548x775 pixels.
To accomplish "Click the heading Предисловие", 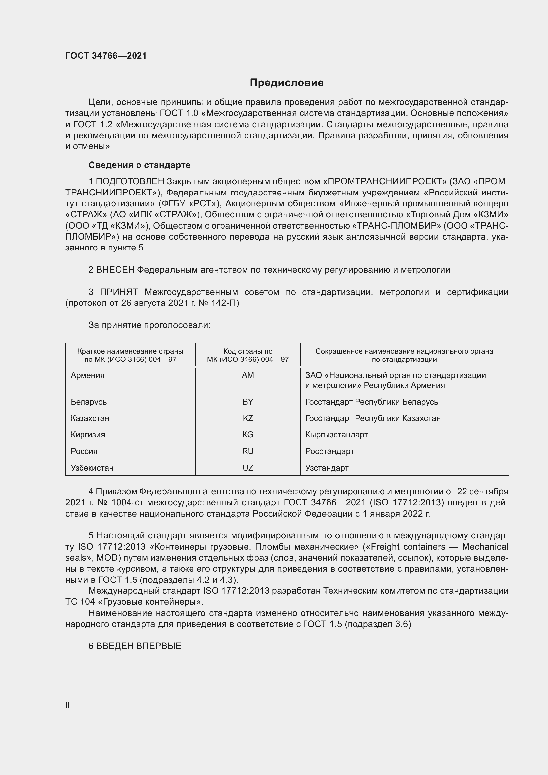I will (287, 83).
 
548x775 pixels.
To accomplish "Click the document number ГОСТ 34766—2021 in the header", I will (106, 56).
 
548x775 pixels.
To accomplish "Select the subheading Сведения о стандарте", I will (139, 165).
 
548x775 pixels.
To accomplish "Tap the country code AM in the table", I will (248, 375).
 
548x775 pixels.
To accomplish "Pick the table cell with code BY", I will (248, 402).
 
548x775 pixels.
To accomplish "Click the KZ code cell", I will (248, 418).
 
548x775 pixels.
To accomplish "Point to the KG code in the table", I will (248, 434).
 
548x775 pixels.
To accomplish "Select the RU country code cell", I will (248, 451).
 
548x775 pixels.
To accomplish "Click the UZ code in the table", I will (248, 468).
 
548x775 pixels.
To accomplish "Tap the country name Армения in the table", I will (87, 375).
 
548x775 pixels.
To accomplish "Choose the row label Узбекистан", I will (92, 468).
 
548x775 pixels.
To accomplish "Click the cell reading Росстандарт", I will (329, 451).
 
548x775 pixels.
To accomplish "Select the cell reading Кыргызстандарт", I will (336, 434).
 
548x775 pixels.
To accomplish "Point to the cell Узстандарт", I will (327, 468).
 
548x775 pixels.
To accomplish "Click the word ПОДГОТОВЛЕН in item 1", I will (130, 182).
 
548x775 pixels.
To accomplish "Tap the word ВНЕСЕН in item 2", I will (115, 270).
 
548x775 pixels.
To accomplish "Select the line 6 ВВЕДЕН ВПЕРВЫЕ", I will (135, 646).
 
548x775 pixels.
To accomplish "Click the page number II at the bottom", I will (68, 705).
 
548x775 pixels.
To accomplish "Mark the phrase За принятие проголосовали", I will (149, 325).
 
